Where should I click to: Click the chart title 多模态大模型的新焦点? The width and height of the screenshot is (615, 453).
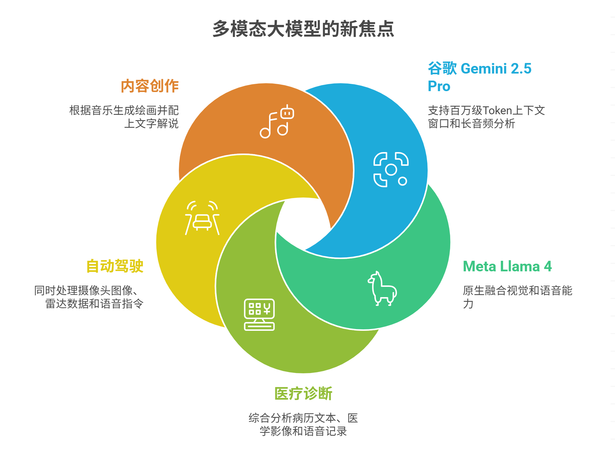(x=303, y=29)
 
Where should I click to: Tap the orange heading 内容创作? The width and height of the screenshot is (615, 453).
(x=150, y=86)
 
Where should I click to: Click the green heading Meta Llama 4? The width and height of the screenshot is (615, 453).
(x=507, y=266)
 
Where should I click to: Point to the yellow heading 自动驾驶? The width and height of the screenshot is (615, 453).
(x=115, y=266)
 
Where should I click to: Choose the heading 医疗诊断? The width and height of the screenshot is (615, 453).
(x=303, y=393)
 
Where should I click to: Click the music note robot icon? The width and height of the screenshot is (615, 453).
(x=277, y=122)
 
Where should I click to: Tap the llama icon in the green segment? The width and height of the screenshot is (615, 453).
(x=382, y=288)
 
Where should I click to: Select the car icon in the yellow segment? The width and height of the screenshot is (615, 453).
(x=202, y=218)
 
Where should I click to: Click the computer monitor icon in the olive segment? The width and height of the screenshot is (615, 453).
(x=259, y=314)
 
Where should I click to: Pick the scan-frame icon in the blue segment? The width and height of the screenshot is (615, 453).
(x=391, y=169)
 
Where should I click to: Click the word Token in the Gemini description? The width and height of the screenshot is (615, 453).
(x=497, y=110)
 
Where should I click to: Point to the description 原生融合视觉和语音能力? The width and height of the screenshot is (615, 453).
(x=517, y=297)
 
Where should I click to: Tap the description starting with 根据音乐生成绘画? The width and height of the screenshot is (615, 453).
(x=124, y=117)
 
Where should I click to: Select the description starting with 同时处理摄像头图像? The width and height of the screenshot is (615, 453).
(x=89, y=297)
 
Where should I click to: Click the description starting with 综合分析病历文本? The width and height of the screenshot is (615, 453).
(x=303, y=424)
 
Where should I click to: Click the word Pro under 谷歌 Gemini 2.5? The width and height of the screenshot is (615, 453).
(x=439, y=86)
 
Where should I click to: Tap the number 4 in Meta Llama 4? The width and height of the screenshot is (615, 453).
(x=548, y=266)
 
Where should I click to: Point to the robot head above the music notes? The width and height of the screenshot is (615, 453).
(x=287, y=112)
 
